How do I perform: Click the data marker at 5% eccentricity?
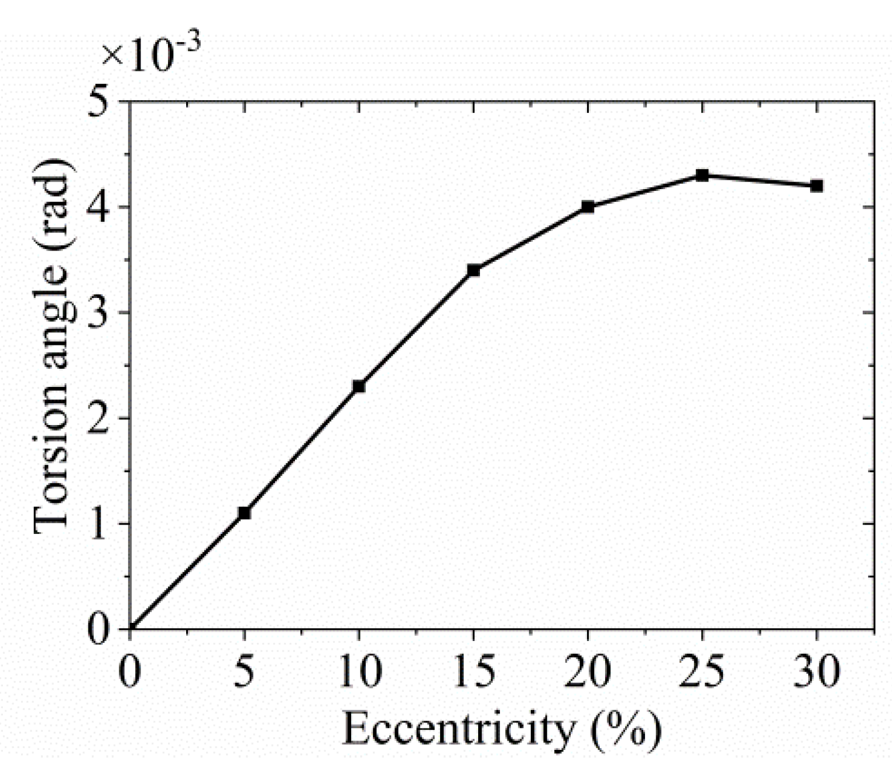pos(244,513)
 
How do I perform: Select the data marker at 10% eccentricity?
pos(359,386)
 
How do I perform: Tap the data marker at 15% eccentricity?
pos(474,270)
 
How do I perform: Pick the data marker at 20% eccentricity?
pos(588,207)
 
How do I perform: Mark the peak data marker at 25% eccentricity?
pos(702,175)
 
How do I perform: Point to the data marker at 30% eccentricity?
pos(816,186)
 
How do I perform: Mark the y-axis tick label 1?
pos(100,523)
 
